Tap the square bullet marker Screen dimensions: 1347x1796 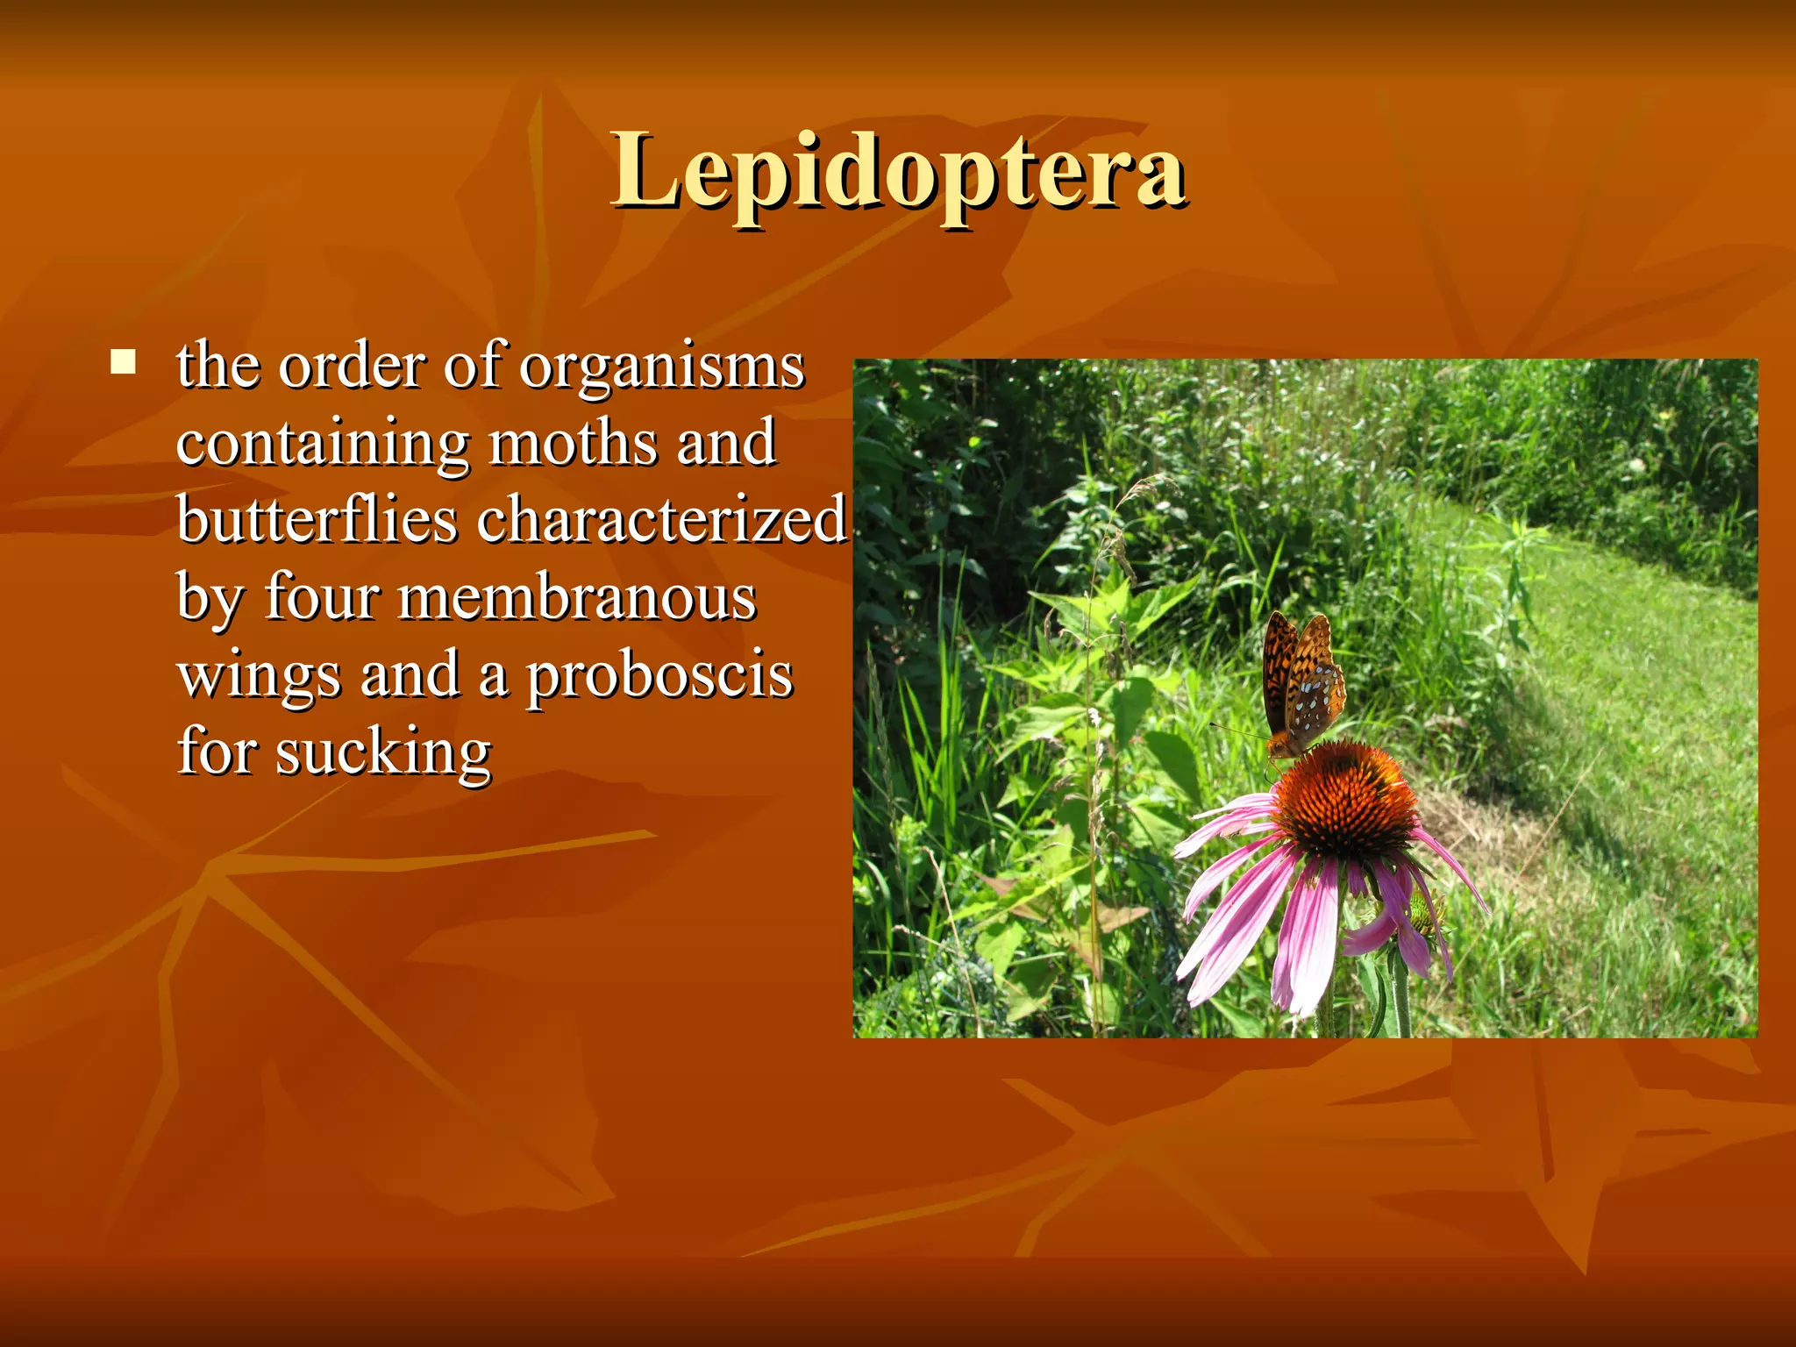[x=124, y=361]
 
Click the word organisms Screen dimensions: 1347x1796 [x=661, y=367]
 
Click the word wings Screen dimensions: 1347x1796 [x=259, y=676]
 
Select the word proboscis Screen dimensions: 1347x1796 [x=659, y=676]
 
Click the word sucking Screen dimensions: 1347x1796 [x=383, y=752]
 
